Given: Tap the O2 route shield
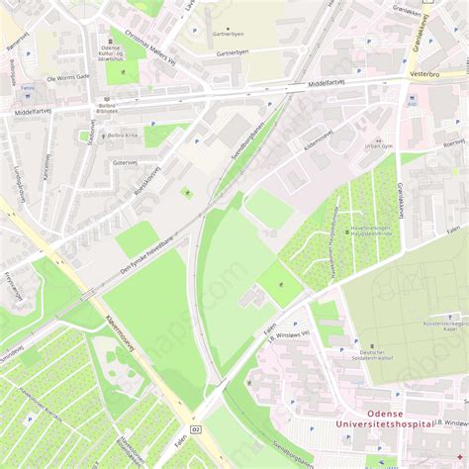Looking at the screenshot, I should coord(196,428).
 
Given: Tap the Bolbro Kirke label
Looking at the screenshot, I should coord(123,135).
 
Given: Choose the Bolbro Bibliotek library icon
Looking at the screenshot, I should coord(106,100).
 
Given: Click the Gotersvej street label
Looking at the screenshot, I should coord(125,162).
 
